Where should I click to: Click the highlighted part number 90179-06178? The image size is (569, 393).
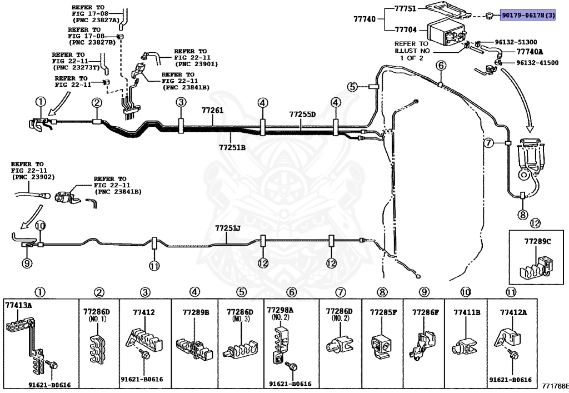tap(528, 15)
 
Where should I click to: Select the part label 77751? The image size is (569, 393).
tap(405, 8)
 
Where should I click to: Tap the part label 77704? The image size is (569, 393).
tap(406, 30)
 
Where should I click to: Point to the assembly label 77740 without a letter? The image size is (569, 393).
tap(365, 18)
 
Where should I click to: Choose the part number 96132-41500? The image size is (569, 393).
tap(537, 63)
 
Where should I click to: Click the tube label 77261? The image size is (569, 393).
tap(213, 110)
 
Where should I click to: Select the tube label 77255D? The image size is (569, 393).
tap(302, 115)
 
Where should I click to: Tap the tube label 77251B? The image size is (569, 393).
tap(232, 147)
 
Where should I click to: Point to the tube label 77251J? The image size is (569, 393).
tap(228, 228)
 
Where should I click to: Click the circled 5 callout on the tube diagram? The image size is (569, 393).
tap(352, 87)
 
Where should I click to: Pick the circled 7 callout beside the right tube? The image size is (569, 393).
tap(489, 143)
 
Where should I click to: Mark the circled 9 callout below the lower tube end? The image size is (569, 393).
tap(27, 263)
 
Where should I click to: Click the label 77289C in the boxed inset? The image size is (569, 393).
tap(537, 241)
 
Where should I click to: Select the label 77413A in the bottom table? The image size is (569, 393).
tap(18, 305)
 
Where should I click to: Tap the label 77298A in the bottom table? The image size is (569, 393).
tap(280, 310)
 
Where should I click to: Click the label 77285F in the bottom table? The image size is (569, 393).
tap(383, 312)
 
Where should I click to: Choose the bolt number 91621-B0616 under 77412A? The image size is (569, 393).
tap(510, 380)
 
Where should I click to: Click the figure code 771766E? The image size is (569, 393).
tap(555, 386)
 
